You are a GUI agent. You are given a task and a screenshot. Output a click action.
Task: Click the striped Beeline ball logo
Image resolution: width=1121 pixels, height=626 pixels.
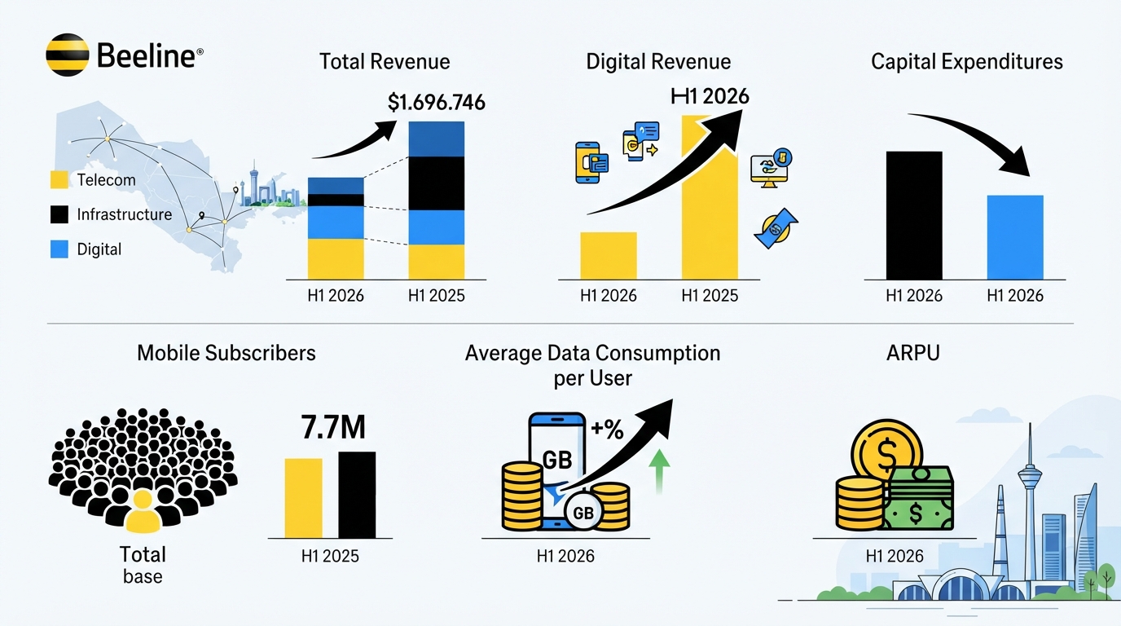(68, 55)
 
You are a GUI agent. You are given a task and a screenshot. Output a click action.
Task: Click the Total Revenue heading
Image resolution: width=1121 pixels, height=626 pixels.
(385, 62)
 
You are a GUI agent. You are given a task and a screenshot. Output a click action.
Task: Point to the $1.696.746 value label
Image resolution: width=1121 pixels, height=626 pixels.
(437, 102)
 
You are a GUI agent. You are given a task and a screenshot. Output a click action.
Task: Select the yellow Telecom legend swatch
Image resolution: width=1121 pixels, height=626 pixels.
(59, 180)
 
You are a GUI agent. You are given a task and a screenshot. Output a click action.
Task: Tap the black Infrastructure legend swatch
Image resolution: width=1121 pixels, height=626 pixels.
(59, 214)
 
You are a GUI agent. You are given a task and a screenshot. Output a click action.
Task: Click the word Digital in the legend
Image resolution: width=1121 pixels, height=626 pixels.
(99, 249)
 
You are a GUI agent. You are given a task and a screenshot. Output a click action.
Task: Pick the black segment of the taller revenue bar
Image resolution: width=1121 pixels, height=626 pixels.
(437, 183)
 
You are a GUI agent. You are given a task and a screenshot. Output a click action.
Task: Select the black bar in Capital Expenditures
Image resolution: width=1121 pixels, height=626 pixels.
(914, 215)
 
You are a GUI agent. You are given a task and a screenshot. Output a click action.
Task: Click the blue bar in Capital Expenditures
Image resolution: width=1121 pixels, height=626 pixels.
(1015, 237)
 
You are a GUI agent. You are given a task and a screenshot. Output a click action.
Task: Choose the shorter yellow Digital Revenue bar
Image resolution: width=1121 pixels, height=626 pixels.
(609, 255)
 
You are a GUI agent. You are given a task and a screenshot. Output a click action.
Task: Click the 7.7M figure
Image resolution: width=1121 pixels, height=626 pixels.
(332, 427)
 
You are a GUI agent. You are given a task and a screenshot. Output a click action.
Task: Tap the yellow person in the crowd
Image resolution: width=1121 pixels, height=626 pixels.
(143, 511)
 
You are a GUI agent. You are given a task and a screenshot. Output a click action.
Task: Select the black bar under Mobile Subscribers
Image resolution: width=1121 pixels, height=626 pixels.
(357, 495)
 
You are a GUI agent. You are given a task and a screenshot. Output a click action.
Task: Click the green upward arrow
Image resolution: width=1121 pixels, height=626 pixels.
(659, 471)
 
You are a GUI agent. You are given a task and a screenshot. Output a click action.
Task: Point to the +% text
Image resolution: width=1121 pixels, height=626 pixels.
(607, 430)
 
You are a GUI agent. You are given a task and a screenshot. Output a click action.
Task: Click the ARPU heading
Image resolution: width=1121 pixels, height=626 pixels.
(913, 353)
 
